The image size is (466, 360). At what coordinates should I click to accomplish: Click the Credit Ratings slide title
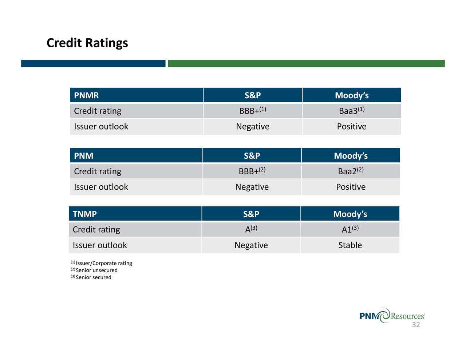point(87,43)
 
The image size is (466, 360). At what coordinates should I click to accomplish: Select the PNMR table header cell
point(137,95)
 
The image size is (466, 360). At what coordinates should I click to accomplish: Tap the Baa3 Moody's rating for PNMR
point(352,111)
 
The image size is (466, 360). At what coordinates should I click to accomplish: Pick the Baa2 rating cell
point(351,171)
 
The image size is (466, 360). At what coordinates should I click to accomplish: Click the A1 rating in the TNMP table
point(350,229)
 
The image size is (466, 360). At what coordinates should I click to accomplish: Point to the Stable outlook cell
point(350,245)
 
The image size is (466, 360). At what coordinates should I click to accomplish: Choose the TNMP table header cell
point(135,214)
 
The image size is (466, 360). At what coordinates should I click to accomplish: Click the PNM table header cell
point(136,155)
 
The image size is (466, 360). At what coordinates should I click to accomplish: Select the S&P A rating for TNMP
point(251,229)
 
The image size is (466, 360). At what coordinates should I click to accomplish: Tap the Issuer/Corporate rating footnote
point(101,263)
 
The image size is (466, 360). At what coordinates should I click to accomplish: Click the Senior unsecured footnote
point(94,270)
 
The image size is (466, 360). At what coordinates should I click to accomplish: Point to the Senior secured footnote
point(91,277)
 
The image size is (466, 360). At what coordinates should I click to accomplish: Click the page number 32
point(416,325)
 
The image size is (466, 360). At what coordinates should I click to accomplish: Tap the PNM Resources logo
point(392,316)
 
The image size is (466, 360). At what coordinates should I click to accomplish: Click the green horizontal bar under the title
point(306,63)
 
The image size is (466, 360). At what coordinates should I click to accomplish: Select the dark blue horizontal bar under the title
point(93,63)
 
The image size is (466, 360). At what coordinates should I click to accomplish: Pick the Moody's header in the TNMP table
point(350,214)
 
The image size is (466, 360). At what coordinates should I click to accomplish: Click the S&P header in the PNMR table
point(253,95)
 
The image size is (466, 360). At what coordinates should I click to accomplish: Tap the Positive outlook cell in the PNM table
point(351,187)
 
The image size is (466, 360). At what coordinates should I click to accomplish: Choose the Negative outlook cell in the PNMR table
point(253,127)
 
